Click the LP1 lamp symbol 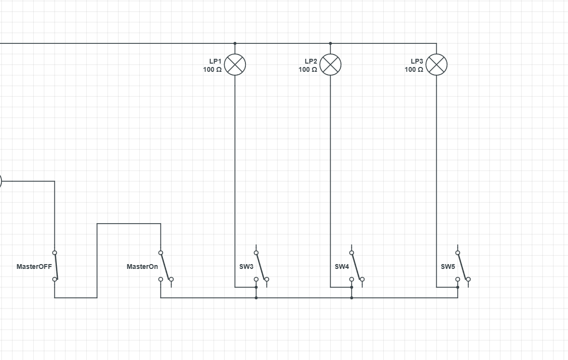point(235,65)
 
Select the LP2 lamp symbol point(330,65)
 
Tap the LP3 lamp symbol point(436,65)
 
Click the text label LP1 point(215,61)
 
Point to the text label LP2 point(311,61)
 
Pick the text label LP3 point(417,61)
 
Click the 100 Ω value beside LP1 point(212,69)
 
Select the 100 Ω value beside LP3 point(414,69)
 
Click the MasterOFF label point(34,267)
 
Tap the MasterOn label point(142,267)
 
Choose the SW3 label point(246,267)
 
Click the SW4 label point(341,267)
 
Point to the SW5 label point(447,267)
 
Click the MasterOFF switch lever point(56,266)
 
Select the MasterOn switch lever point(165,266)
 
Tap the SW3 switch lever point(261,266)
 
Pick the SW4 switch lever point(356,266)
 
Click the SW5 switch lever point(462,266)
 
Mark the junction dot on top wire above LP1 point(235,43)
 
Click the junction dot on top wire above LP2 point(330,43)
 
